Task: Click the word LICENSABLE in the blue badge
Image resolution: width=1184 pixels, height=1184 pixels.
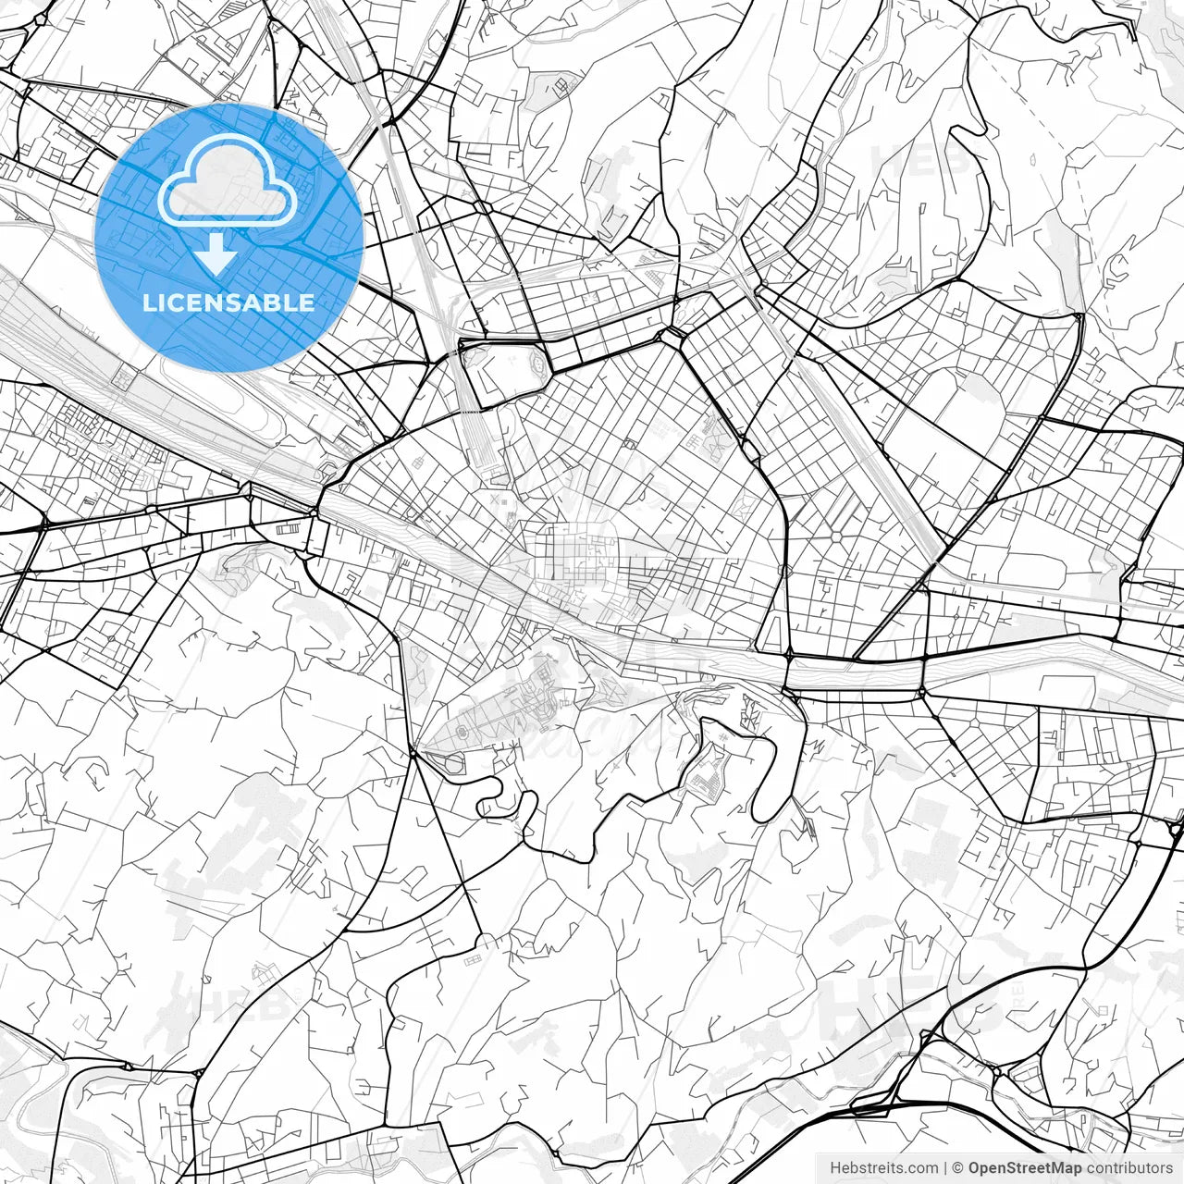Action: (x=228, y=302)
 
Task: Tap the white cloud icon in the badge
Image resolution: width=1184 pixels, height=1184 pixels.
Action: (x=228, y=179)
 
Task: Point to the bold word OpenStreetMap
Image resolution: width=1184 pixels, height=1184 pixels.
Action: (x=1025, y=1168)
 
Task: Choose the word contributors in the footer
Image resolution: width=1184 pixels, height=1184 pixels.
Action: (x=1129, y=1168)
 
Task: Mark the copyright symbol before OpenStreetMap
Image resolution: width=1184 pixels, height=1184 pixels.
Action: (x=959, y=1168)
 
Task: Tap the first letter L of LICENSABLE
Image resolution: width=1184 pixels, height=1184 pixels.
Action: (x=148, y=302)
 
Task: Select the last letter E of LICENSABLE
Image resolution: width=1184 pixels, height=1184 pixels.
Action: (x=308, y=302)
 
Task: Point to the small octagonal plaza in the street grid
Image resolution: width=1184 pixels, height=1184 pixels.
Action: (x=837, y=536)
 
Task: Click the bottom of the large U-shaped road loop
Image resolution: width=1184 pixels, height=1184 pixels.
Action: (x=766, y=814)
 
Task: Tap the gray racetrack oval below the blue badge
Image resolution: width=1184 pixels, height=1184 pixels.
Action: (x=222, y=407)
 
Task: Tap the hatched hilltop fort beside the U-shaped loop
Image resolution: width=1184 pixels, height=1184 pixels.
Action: (x=712, y=772)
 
